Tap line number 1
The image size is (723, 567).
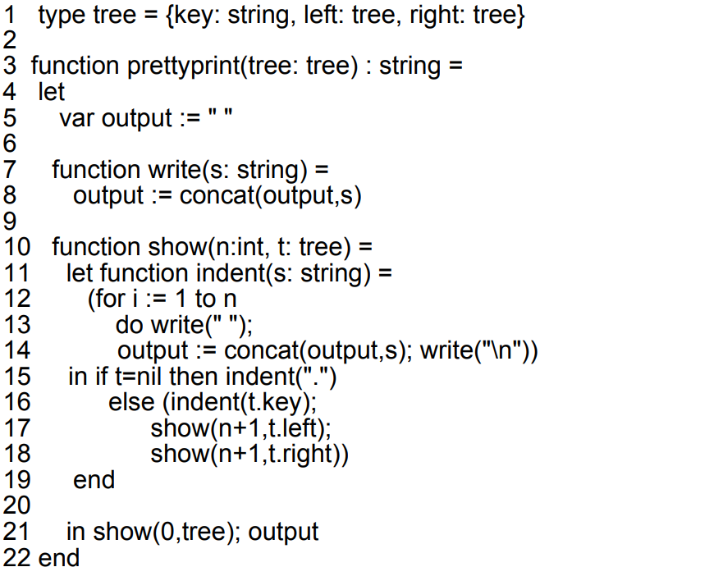pyautogui.click(x=10, y=15)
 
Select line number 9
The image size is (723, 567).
pyautogui.click(x=11, y=221)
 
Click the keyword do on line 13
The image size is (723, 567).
pyautogui.click(x=130, y=325)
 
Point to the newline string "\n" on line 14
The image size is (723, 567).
pyautogui.click(x=506, y=351)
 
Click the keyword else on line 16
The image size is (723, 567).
pyautogui.click(x=131, y=402)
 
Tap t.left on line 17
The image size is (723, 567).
pyautogui.click(x=300, y=428)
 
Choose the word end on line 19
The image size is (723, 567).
pyautogui.click(x=94, y=479)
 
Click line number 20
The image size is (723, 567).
pyautogui.click(x=16, y=505)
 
